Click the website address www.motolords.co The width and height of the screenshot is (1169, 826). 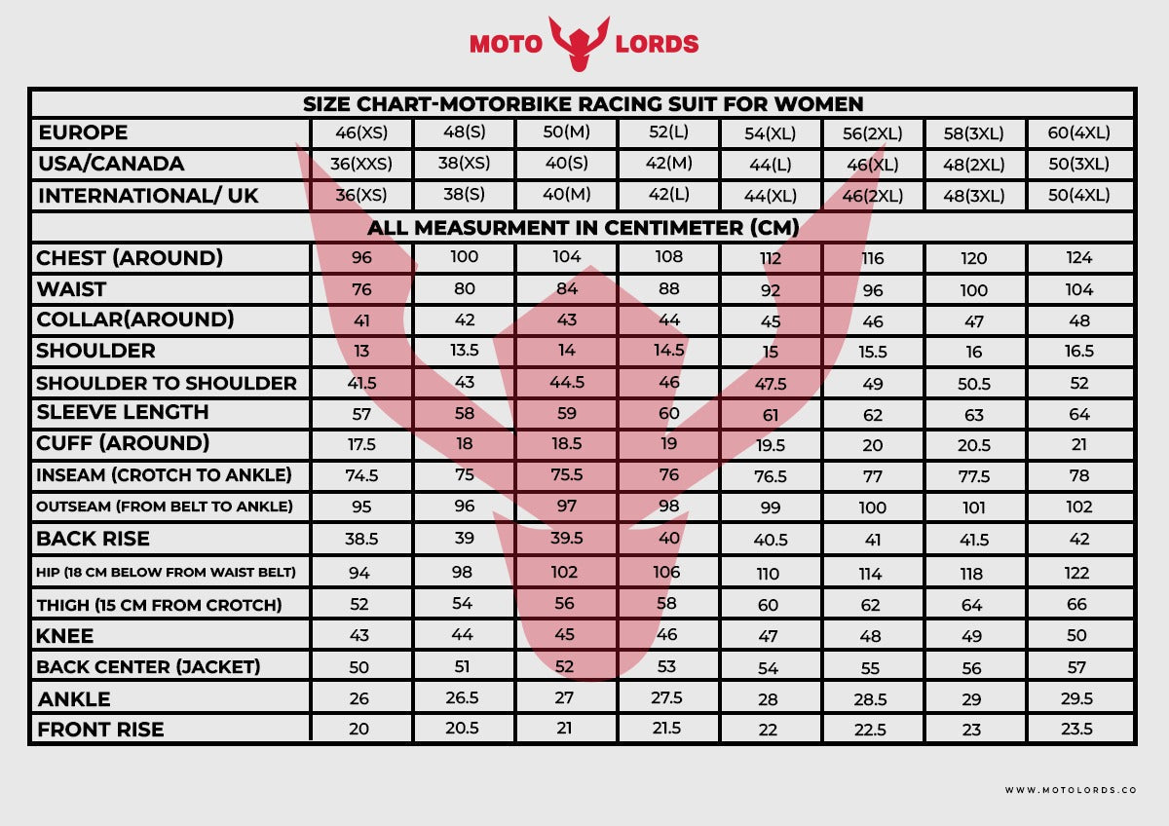click(x=1071, y=790)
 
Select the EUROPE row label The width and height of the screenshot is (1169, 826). click(x=83, y=132)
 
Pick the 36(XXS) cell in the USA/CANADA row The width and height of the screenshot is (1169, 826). click(x=360, y=164)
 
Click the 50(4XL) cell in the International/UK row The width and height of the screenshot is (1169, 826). click(x=1078, y=195)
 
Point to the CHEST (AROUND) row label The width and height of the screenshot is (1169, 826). click(x=130, y=258)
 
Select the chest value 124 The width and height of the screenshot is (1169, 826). click(x=1079, y=258)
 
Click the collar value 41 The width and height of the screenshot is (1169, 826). click(x=361, y=320)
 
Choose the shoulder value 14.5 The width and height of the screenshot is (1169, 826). click(x=668, y=351)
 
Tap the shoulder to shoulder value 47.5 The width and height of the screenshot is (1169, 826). click(x=771, y=383)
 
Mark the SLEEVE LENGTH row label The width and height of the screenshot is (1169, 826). click(x=123, y=412)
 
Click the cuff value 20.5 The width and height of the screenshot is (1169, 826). click(x=973, y=445)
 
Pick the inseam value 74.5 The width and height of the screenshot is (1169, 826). click(x=361, y=476)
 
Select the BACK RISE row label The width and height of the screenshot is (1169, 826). click(x=94, y=539)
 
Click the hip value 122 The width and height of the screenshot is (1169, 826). click(x=1078, y=573)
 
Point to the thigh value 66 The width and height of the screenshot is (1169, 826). click(x=1076, y=605)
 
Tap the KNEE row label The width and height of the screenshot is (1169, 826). click(x=65, y=636)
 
